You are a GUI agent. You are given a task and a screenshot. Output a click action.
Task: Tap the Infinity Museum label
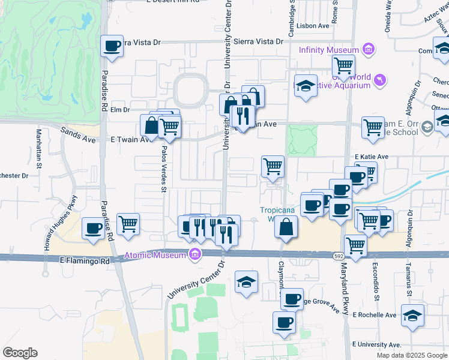[328, 50]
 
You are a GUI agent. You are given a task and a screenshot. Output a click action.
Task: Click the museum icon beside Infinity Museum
[369, 49]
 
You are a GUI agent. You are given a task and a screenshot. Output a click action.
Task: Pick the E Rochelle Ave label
[375, 315]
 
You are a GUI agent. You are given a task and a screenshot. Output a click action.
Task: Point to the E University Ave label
[376, 345]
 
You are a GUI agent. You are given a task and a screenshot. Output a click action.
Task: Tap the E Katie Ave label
[372, 157]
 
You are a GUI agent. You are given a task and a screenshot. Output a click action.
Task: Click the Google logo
[20, 353]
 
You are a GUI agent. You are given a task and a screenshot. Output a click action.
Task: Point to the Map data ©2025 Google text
[411, 355]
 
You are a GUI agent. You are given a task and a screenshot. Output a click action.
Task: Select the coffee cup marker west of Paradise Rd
[94, 228]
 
